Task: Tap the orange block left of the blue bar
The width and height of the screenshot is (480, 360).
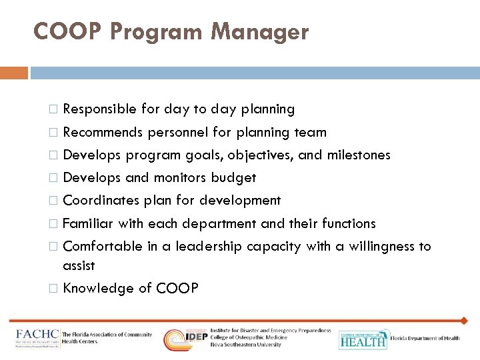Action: point(14,73)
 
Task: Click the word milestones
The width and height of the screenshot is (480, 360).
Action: point(359,155)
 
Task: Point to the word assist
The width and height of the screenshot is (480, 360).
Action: point(79,265)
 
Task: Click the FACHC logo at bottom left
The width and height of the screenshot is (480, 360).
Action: point(36,338)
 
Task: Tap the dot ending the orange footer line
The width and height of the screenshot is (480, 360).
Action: point(464,321)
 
